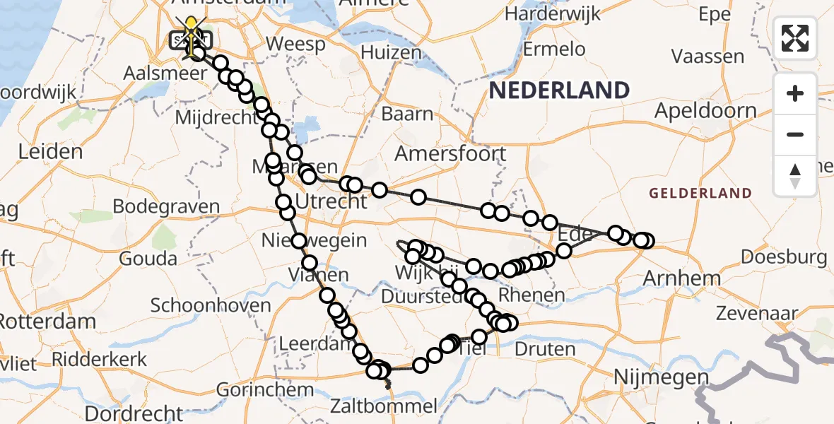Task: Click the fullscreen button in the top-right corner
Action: (795, 38)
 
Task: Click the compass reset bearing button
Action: (795, 175)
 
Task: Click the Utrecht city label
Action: (332, 202)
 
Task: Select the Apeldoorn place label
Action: (705, 111)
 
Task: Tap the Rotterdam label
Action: (48, 322)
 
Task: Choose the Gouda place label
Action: (148, 258)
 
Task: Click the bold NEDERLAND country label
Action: (559, 90)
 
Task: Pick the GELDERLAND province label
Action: (700, 193)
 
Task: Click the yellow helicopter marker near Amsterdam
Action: (191, 32)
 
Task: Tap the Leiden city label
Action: (50, 151)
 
